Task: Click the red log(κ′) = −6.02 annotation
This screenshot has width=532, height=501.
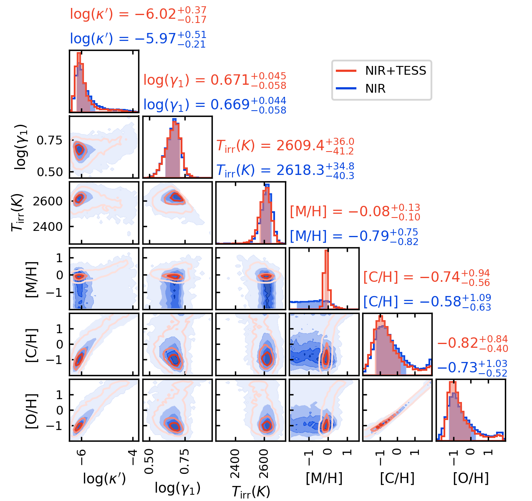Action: click(x=138, y=15)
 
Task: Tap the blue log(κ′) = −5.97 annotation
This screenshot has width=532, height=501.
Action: click(x=138, y=39)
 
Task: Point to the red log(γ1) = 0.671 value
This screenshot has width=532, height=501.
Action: click(x=214, y=80)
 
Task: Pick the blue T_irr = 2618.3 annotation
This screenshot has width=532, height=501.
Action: click(x=285, y=170)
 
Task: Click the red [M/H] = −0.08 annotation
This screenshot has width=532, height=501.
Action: click(x=355, y=212)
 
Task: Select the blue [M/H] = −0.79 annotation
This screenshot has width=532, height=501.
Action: click(x=354, y=236)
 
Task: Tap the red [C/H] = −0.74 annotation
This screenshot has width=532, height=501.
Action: click(x=426, y=277)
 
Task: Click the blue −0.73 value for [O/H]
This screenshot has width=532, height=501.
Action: click(x=472, y=368)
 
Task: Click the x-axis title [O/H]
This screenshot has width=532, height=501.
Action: click(x=471, y=478)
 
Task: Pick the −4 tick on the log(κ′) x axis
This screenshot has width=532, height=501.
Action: click(x=133, y=452)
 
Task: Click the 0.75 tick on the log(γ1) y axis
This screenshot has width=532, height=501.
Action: click(x=50, y=140)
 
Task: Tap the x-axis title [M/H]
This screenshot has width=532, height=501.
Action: click(x=324, y=478)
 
